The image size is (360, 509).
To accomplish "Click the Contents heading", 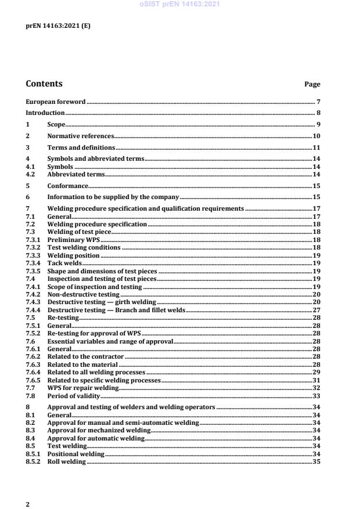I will (44, 84).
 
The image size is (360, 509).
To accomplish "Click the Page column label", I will (312, 85).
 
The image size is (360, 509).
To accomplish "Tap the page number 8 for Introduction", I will (319, 113).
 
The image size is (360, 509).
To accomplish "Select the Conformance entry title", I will (67, 186).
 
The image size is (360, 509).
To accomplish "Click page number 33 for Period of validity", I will (317, 395).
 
